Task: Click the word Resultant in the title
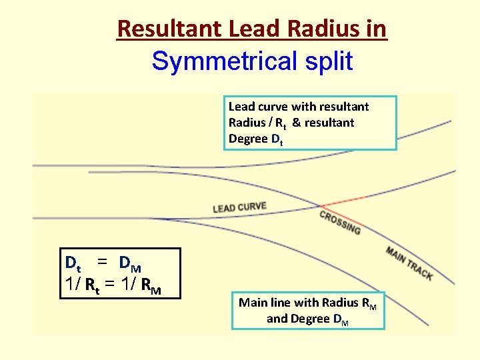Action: [169, 29]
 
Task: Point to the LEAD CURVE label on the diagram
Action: [239, 207]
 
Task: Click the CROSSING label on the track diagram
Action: [340, 222]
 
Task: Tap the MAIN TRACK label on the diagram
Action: [409, 263]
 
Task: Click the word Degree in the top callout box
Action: [248, 139]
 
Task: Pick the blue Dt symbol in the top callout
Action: [277, 140]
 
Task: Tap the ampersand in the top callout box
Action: [296, 123]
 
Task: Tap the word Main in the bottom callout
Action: [253, 302]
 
